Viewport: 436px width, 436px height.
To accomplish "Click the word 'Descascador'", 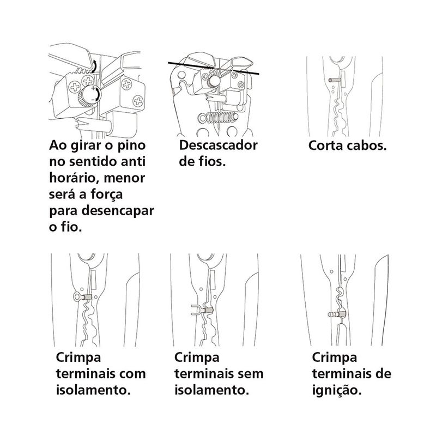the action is (219, 145).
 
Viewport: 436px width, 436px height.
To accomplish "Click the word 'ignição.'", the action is (337, 390).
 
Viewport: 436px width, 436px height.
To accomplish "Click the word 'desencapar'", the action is (118, 211).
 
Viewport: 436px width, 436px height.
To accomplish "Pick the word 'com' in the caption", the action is (132, 374).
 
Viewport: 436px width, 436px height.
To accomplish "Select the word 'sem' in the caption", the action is (250, 374).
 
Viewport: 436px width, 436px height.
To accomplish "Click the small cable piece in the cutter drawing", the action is (335, 80).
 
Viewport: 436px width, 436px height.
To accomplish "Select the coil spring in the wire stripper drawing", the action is (219, 117).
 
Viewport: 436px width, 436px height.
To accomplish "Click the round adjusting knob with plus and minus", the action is (90, 96).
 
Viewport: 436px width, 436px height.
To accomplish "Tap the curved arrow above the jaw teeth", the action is (94, 66).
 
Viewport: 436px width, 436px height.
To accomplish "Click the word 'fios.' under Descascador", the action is (210, 161).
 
